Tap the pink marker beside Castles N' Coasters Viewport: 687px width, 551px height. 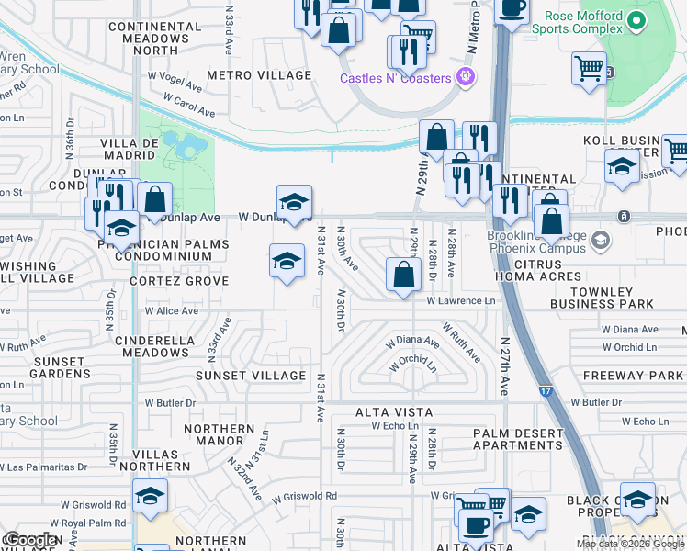(467, 76)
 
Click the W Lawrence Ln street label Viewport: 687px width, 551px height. (460, 301)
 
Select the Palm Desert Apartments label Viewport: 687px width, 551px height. (518, 439)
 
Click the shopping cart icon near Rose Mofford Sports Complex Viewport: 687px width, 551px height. (589, 67)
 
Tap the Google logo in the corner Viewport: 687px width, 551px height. (29, 540)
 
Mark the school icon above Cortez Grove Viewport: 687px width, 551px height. (287, 261)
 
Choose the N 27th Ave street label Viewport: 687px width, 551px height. (504, 365)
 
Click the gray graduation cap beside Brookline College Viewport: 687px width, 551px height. (601, 241)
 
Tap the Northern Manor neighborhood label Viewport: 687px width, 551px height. (219, 434)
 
